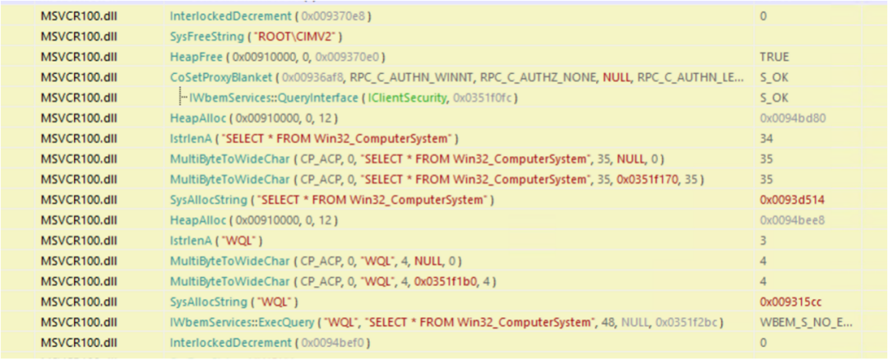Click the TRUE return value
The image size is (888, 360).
(x=774, y=57)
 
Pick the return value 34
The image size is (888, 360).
(x=766, y=137)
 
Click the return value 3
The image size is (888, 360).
(x=763, y=240)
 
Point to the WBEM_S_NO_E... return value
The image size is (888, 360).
(x=805, y=321)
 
